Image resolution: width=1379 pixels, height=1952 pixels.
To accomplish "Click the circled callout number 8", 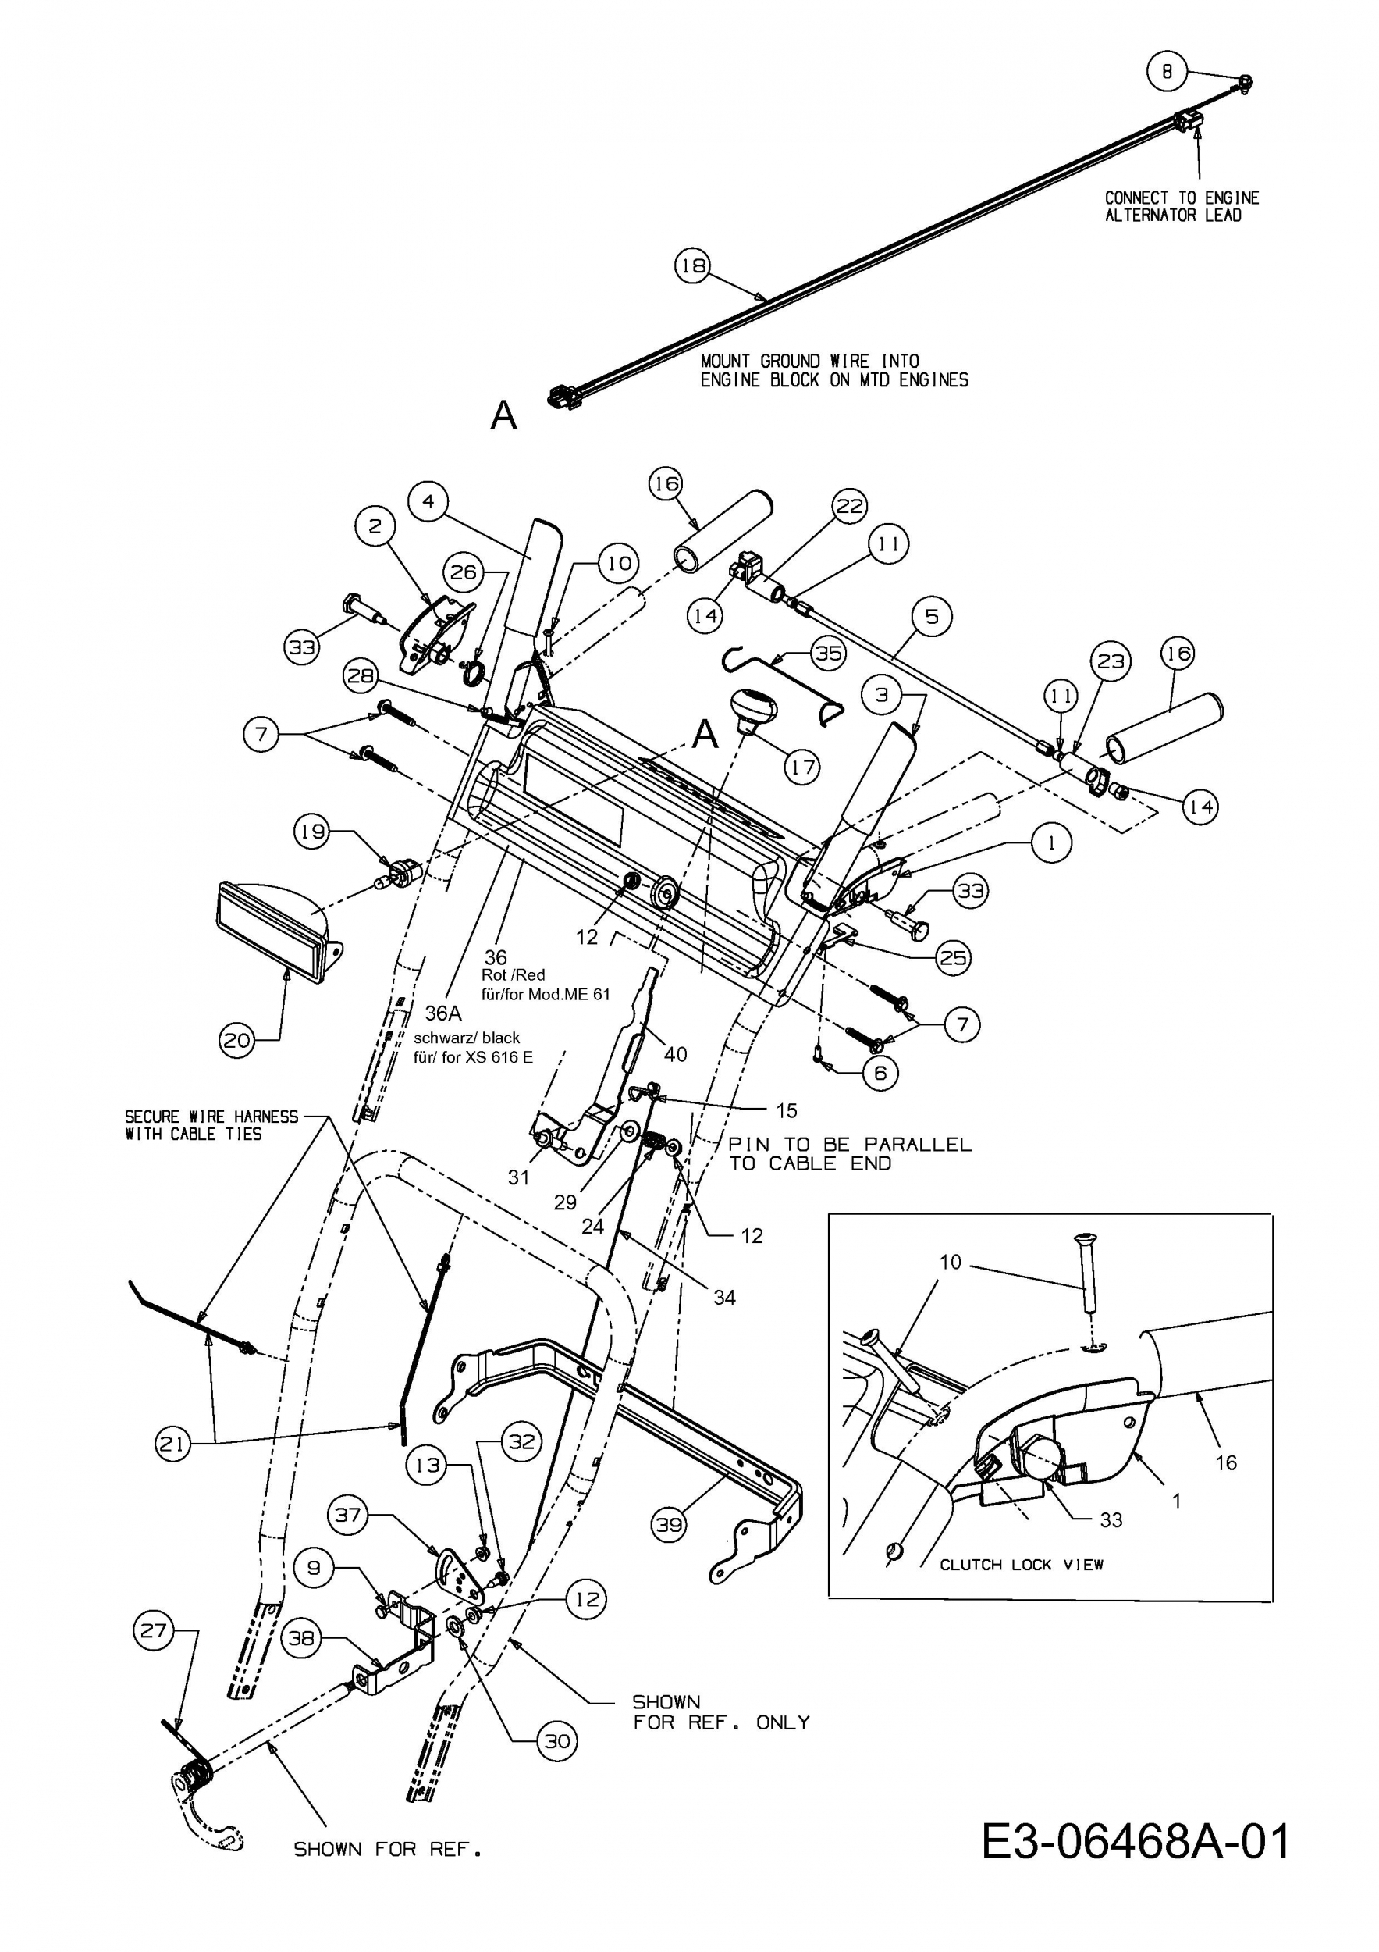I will click(1167, 73).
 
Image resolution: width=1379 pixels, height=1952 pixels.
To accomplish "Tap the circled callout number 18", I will click(692, 266).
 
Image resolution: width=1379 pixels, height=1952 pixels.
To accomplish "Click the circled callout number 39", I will click(669, 1524).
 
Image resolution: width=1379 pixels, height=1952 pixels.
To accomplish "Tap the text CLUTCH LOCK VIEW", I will click(1021, 1564).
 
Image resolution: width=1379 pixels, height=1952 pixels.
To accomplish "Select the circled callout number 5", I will click(932, 615).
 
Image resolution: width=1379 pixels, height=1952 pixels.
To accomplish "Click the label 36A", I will click(442, 1013).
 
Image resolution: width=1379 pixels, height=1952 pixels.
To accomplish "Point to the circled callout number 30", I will click(556, 1742).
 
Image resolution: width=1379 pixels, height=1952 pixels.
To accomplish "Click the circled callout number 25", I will click(952, 958).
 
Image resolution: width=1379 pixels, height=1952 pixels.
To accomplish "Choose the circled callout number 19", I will click(313, 831).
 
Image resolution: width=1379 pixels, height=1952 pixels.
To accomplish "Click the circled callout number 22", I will click(850, 507).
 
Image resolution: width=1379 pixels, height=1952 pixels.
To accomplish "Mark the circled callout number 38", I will click(301, 1638).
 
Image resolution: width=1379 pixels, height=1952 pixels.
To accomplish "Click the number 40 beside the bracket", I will click(676, 1054).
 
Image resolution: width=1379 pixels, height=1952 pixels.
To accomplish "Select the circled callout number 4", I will click(428, 501).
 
